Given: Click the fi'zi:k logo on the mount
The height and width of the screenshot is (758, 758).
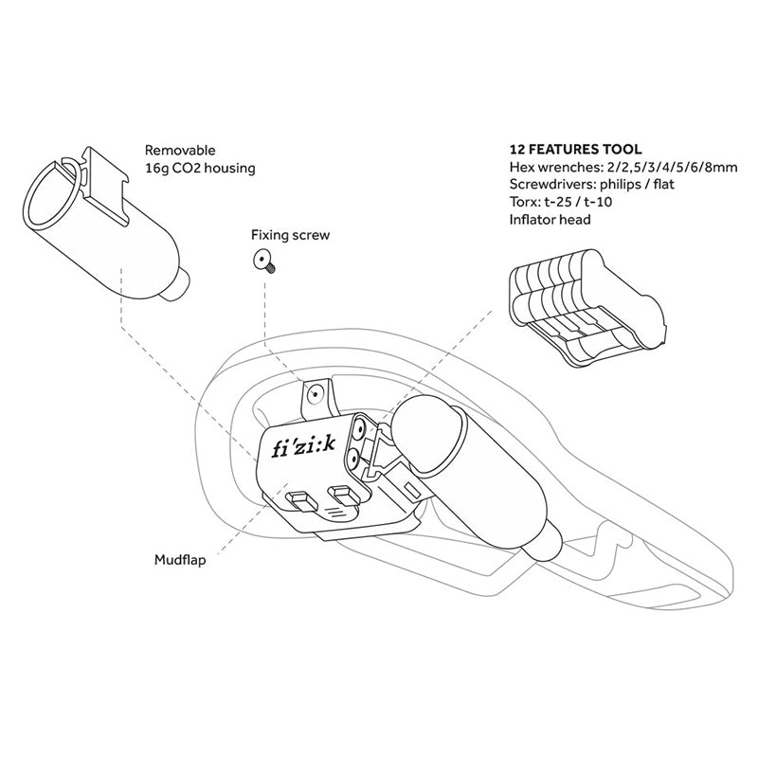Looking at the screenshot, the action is click(x=303, y=448).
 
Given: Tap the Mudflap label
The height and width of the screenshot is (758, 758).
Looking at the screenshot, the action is click(x=180, y=560).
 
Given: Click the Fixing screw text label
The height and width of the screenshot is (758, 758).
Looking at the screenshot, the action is click(x=290, y=235).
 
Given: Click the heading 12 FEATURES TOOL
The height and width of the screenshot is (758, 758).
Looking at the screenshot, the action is click(x=575, y=149).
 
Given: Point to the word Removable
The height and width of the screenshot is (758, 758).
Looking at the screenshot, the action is click(x=180, y=150).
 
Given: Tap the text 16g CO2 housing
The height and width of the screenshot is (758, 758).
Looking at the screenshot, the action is click(x=200, y=169).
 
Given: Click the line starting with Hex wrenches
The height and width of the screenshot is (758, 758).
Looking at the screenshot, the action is click(x=623, y=168).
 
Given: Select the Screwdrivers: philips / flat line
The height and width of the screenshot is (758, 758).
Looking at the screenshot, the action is click(x=591, y=184).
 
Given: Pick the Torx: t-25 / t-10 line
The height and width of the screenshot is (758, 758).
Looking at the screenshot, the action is click(x=561, y=202).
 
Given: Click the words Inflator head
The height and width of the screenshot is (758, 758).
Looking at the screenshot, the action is click(x=550, y=220).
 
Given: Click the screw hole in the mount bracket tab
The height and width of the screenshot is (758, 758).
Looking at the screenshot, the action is click(x=316, y=394).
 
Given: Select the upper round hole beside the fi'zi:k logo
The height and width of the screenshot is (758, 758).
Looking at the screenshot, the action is click(x=360, y=427).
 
